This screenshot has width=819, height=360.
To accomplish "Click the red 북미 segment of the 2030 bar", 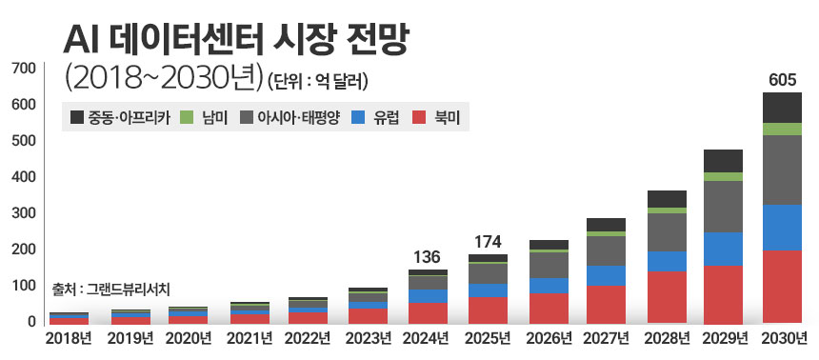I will pos(781,287).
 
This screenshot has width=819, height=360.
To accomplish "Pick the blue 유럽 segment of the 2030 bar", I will pos(781,228).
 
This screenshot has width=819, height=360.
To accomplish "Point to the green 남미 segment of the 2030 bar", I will pos(781,129).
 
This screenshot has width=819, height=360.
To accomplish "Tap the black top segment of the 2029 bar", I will pos(723,160).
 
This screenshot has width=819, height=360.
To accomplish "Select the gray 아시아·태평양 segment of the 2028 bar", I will pos(667,231).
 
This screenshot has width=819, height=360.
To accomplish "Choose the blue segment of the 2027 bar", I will pos(607,275).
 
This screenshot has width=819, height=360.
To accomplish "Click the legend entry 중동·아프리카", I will pos(119,119).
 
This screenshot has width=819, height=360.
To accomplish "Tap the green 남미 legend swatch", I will pos(186,119).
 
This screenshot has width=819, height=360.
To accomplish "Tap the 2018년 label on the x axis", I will pos(68,338).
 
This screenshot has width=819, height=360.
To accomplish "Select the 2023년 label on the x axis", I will pos(368,338).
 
